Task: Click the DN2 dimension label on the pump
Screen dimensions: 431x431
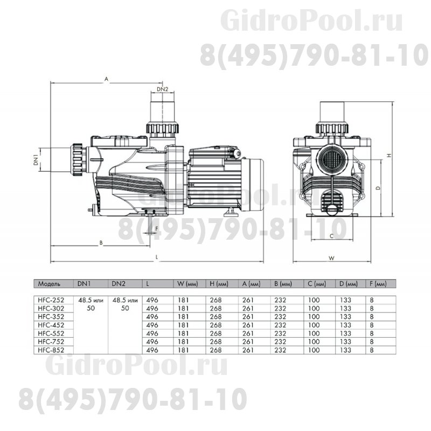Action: point(163,89)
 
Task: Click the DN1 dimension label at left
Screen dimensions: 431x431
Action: point(36,159)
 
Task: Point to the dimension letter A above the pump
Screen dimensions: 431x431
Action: point(107,79)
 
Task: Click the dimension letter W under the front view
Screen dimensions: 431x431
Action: point(331,258)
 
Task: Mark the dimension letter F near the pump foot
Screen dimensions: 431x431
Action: point(156,228)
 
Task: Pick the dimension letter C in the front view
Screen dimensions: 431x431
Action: point(331,235)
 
